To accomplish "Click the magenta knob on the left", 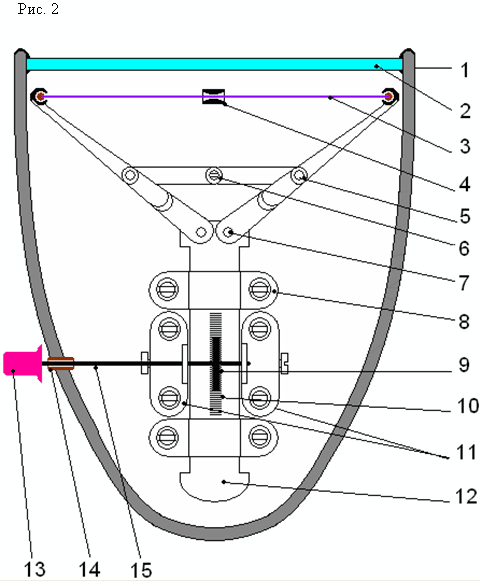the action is point(22,363).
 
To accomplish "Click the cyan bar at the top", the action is point(214,64).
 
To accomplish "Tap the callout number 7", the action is point(464,283).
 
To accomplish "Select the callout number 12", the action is point(466,496).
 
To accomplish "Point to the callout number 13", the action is point(34,568).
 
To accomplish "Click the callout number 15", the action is point(141,569).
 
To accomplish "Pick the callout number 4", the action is point(464,184).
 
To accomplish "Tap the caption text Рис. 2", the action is point(38,9).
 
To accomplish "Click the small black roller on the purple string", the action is point(213,96).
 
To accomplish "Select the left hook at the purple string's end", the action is point(38,97).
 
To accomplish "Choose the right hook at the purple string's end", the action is point(390,96).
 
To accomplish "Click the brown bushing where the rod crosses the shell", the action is point(61,363).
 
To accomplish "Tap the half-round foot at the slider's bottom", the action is point(214,485).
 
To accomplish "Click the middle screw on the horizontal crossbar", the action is point(213,174).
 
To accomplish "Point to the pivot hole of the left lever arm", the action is point(201,232).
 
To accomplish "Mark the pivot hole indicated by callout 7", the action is point(228,232).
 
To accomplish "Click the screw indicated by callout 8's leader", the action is point(260,289).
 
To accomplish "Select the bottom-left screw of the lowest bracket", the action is point(167,437).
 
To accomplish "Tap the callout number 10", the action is point(468,406).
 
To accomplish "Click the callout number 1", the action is point(464,70).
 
